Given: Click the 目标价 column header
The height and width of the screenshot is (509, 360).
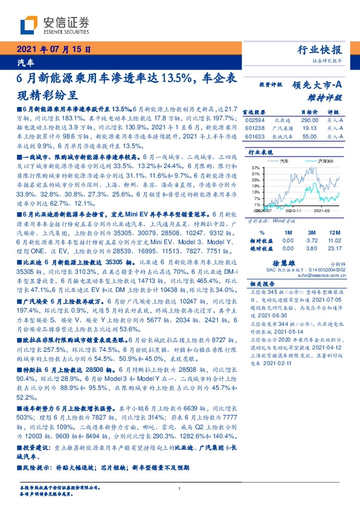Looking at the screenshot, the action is coord(310,112).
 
